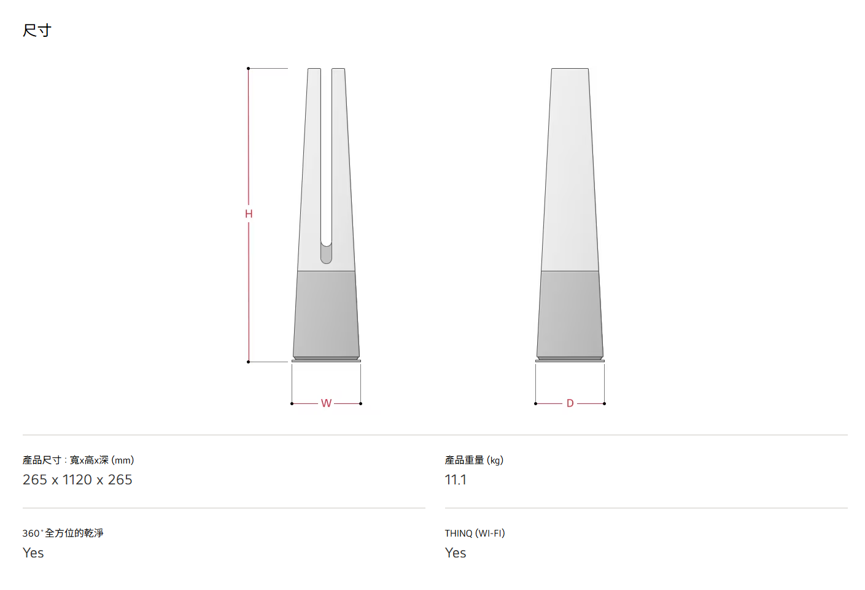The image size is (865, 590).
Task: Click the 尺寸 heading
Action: (37, 30)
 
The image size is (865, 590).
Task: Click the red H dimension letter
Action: (249, 214)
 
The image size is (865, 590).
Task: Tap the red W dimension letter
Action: (326, 403)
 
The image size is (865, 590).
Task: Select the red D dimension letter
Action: (570, 403)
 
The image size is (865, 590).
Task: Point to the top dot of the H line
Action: (248, 68)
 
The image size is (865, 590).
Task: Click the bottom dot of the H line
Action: (248, 362)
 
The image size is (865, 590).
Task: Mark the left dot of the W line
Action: (292, 403)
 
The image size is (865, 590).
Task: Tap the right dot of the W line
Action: (361, 403)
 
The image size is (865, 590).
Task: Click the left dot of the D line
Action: (535, 403)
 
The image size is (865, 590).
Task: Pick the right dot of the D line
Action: (604, 403)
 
